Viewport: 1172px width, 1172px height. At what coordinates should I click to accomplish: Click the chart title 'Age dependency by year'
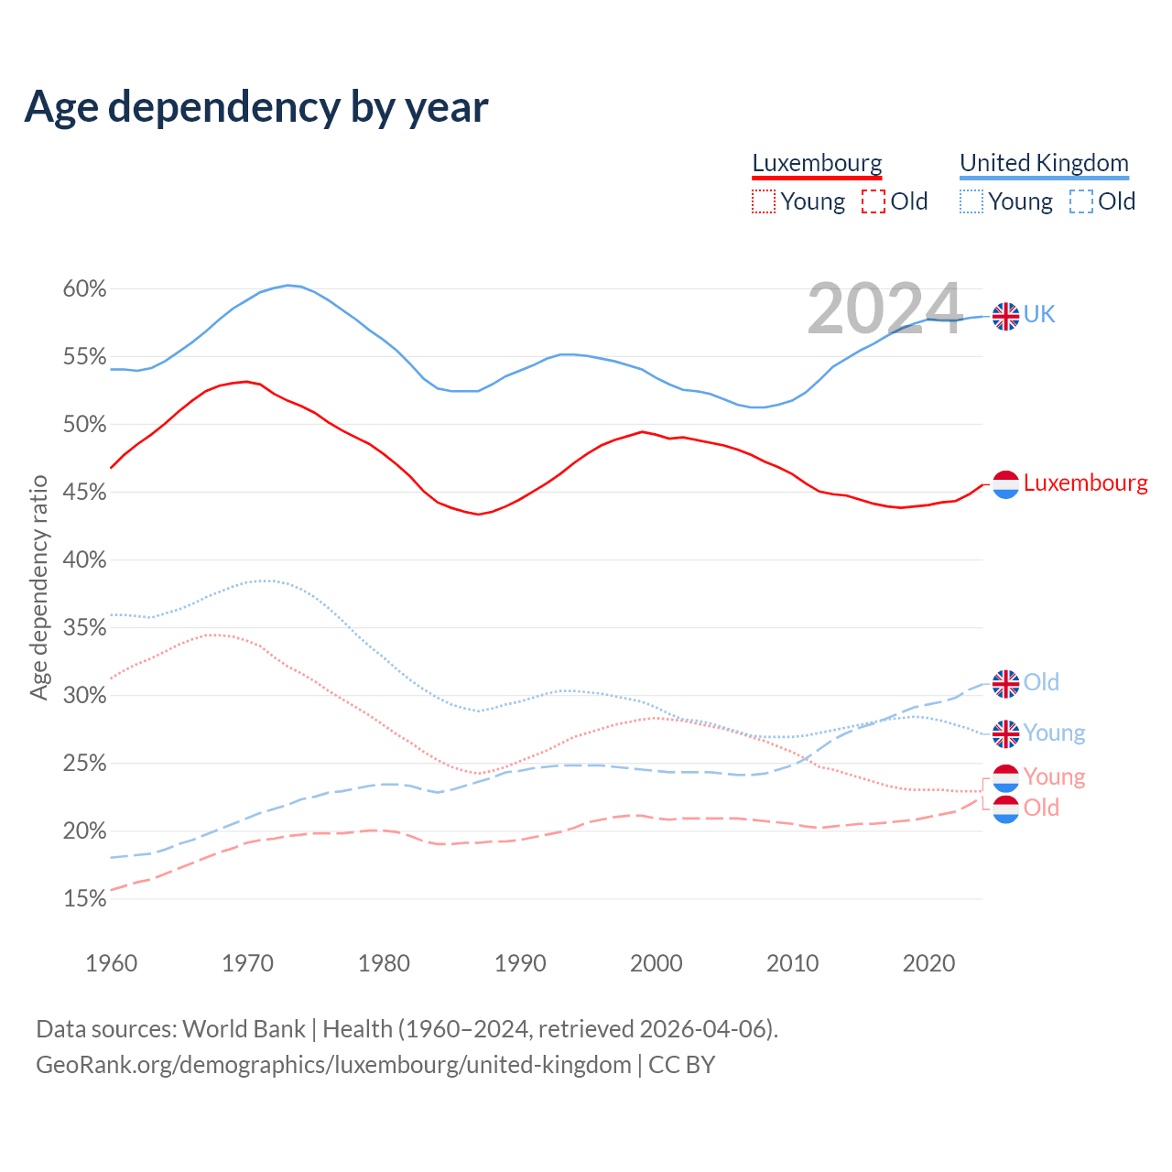(256, 107)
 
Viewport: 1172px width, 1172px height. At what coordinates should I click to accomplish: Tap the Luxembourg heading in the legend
(817, 163)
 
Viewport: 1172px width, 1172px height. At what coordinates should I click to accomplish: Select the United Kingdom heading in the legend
(1044, 163)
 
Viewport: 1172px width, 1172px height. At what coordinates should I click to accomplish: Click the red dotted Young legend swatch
(764, 201)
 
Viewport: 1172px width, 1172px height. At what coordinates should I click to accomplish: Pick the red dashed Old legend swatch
(874, 201)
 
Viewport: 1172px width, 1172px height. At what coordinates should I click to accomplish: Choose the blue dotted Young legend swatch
(971, 201)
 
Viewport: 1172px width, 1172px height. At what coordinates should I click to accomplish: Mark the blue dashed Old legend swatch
(1081, 201)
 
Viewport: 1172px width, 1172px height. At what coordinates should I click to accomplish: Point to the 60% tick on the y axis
(84, 289)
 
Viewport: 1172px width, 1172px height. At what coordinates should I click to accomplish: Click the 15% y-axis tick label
(84, 899)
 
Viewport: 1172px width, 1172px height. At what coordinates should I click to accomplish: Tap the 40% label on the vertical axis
(84, 560)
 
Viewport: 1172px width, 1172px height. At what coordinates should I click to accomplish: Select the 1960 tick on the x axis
(111, 963)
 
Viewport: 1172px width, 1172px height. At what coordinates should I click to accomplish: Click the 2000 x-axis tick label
(657, 963)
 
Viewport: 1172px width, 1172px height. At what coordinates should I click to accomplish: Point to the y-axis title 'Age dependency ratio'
(39, 587)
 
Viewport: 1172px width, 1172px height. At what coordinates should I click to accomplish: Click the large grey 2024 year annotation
(884, 309)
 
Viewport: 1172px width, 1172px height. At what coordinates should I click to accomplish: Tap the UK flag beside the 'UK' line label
(1005, 316)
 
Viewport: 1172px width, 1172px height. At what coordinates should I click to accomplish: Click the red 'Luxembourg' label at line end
(1085, 483)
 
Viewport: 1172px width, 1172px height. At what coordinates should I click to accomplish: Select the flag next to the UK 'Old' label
(1005, 683)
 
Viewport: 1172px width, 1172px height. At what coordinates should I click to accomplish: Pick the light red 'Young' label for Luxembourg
(1054, 776)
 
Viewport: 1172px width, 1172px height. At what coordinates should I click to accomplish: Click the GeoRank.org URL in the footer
(333, 1065)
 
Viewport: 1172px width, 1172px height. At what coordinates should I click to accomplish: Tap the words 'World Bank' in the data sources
(244, 1028)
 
